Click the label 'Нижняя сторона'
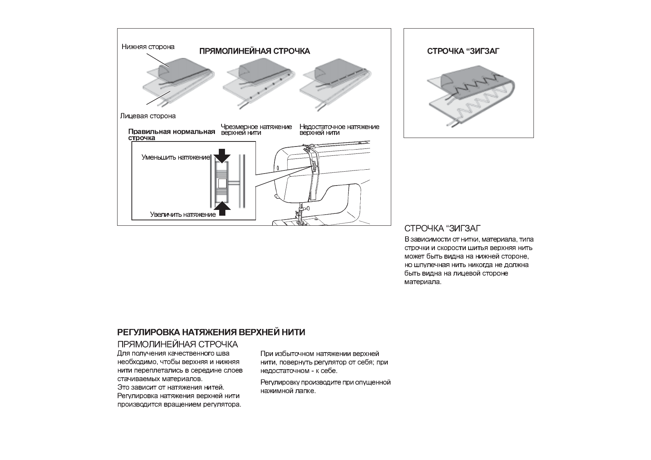[148, 47]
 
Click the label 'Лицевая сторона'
[148, 116]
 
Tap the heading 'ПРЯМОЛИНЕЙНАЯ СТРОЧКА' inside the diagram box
[254, 51]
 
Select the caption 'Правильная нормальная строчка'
[171, 134]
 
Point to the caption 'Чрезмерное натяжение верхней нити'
[256, 129]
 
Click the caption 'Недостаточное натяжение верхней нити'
[339, 129]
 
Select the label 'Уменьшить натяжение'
[176, 158]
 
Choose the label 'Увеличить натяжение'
[183, 215]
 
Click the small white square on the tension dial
[222, 183]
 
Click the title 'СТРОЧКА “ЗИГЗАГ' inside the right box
[463, 51]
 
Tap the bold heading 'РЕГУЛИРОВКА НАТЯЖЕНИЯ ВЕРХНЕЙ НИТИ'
[211, 332]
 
